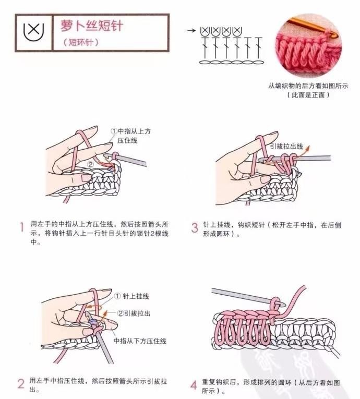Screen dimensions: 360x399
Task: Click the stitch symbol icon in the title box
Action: coord(33,32)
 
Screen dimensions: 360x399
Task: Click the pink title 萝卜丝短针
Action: coord(92,26)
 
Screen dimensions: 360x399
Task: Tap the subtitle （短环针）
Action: coord(80,42)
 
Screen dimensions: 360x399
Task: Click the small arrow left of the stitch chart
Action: coord(191,31)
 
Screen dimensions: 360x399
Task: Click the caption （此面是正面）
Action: coord(308,95)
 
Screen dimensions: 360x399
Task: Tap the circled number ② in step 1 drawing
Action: coord(91,165)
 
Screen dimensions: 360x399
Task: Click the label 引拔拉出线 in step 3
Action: coord(286,147)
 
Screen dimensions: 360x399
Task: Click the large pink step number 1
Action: coord(22,227)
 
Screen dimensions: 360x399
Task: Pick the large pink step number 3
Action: coord(195,227)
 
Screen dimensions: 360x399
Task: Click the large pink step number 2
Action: coord(21,384)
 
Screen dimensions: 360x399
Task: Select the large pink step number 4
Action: coord(194,385)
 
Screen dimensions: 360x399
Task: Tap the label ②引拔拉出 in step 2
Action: coord(134,313)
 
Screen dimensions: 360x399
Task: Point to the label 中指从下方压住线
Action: coord(140,341)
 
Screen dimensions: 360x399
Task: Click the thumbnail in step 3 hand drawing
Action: coord(265,179)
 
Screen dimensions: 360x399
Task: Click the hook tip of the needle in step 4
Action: coord(282,304)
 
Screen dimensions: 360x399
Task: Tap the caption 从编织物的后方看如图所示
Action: coord(308,86)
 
